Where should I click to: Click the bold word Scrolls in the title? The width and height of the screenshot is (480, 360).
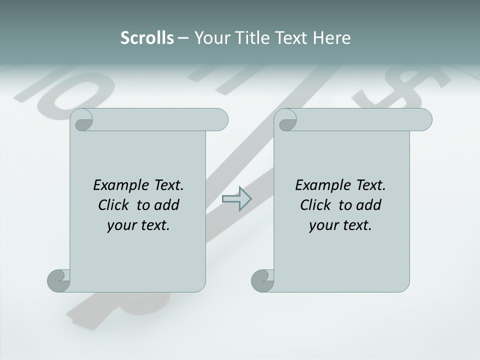[147, 37]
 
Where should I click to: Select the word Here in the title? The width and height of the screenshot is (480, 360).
[331, 37]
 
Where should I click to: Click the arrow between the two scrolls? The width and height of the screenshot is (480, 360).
[236, 199]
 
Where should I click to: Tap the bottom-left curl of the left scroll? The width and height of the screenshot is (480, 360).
[58, 280]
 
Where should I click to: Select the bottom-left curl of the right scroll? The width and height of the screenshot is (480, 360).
[262, 280]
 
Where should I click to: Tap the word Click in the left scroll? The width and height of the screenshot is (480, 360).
[115, 205]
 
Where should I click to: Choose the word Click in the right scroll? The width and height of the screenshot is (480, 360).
[317, 205]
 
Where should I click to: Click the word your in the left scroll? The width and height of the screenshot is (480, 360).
[120, 225]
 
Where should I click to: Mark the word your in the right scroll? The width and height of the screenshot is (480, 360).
[322, 225]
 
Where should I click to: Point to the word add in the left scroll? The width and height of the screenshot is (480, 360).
[167, 205]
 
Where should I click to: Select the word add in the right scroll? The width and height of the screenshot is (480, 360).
[369, 205]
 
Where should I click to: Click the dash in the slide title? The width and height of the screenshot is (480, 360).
[182, 38]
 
